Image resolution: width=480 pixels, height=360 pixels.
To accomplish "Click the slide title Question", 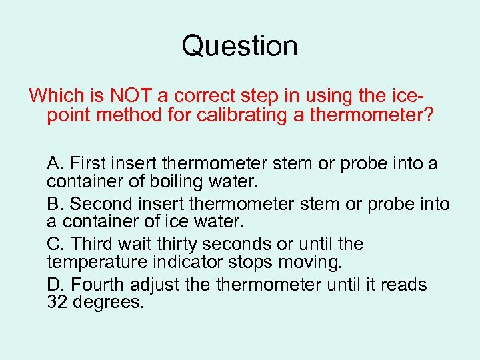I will [x=239, y=46].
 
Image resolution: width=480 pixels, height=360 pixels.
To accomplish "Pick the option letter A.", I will [x=54, y=163].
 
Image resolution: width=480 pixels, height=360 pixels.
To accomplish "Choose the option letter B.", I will [x=54, y=204].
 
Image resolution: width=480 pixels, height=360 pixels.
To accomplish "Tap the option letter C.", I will [x=55, y=245].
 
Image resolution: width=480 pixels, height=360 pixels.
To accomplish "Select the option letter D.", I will [x=55, y=285].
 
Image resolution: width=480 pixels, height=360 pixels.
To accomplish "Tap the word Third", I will [x=90, y=245].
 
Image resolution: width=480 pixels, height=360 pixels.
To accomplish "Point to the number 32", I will [x=56, y=303].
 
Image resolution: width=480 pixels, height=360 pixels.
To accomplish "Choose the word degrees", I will [x=106, y=303].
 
